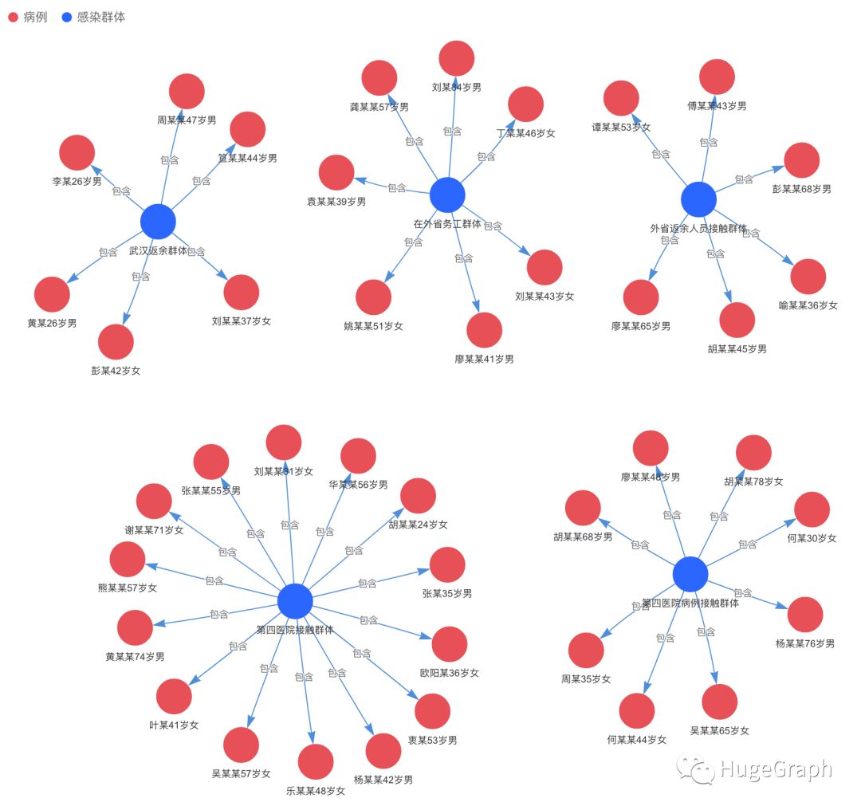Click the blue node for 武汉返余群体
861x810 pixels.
tap(158, 222)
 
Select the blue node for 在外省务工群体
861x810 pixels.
tap(447, 195)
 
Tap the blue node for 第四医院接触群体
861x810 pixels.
tap(295, 601)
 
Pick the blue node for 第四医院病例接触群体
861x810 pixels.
tap(690, 574)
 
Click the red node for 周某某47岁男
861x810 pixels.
tap(187, 91)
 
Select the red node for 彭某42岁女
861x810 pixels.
tap(116, 341)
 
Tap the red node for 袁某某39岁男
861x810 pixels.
tap(336, 173)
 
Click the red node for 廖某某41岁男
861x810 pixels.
tap(484, 330)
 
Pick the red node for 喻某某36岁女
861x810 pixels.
tap(808, 277)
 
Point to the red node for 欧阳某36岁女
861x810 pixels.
tap(450, 644)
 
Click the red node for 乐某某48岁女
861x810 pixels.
tap(316, 762)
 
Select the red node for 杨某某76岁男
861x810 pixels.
tap(805, 615)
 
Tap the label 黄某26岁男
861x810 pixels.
tap(52, 323)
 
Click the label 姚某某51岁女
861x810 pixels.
tap(373, 326)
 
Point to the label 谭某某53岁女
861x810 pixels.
tap(621, 128)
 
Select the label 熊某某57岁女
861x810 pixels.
tap(128, 588)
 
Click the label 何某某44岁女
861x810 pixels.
tap(636, 740)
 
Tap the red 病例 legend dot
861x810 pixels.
tap(13, 17)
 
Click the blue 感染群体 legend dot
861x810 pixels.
tap(67, 17)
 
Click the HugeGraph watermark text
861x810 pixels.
tap(775, 769)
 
